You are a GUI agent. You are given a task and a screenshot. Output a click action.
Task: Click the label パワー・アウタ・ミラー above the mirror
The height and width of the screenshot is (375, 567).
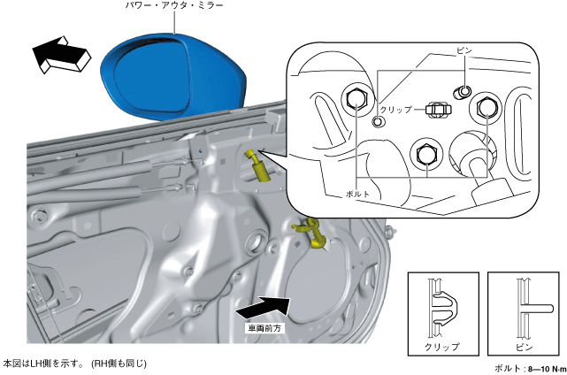click(x=173, y=7)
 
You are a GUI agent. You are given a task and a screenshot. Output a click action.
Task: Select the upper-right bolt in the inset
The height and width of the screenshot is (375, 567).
click(x=485, y=108)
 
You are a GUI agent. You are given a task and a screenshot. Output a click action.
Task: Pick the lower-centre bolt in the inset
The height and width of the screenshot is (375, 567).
click(x=424, y=151)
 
